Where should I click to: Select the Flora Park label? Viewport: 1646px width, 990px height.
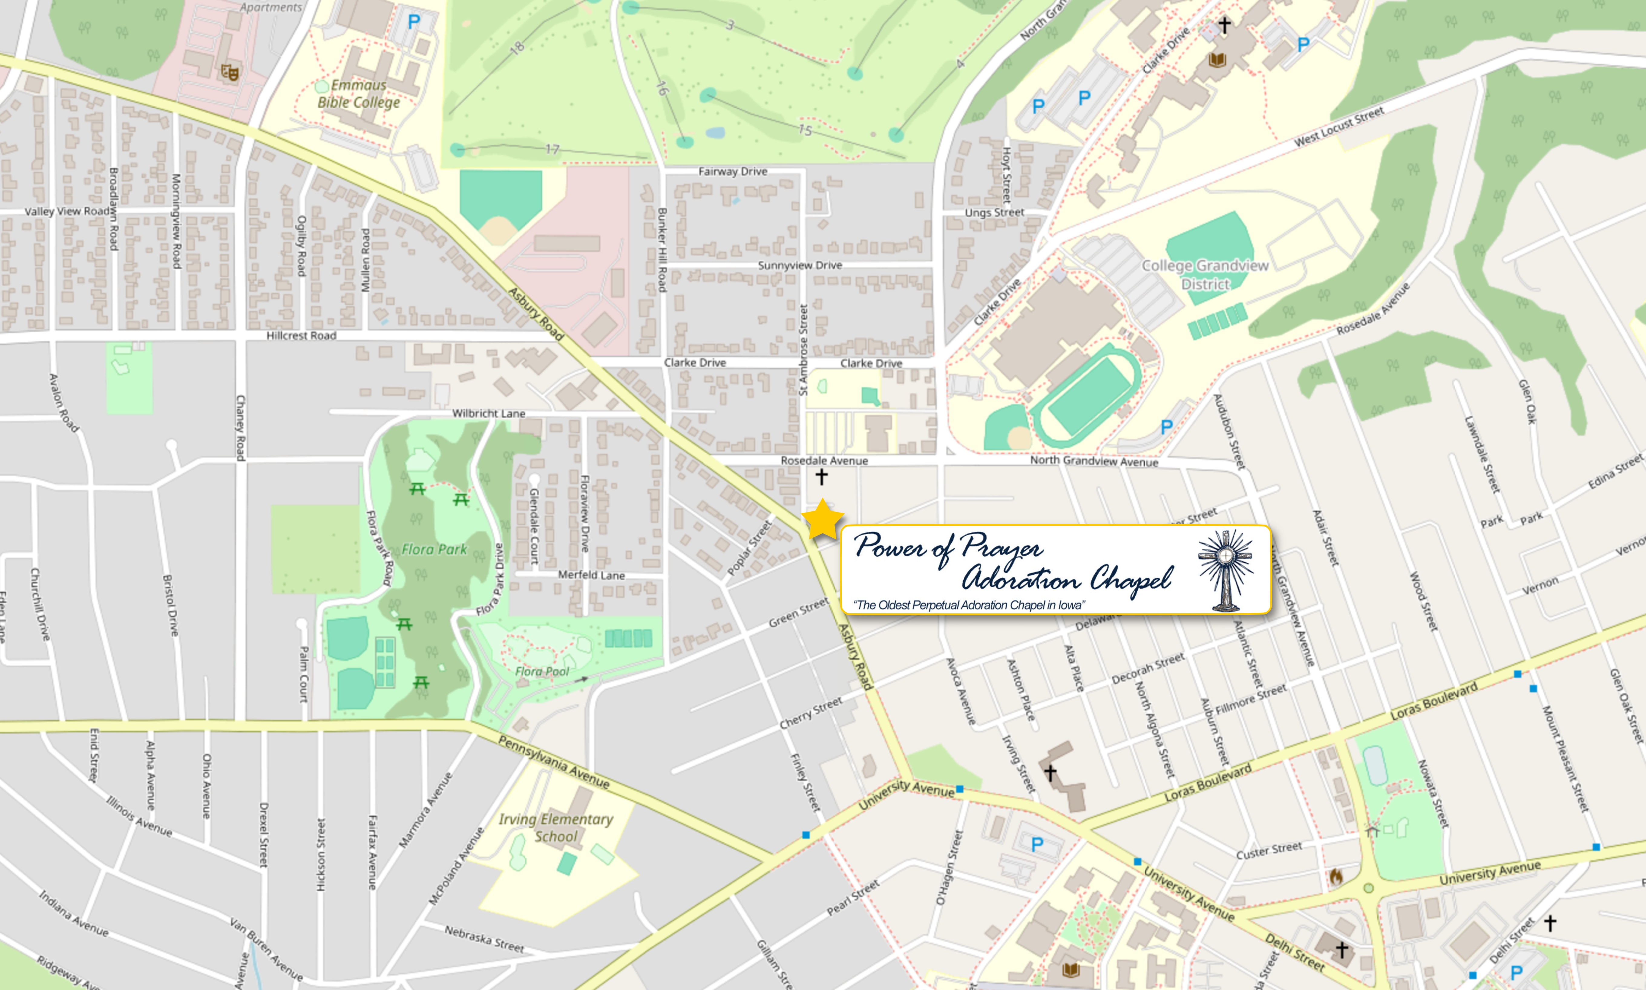click(434, 549)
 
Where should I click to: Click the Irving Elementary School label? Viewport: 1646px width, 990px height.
click(556, 827)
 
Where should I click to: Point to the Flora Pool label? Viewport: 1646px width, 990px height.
click(542, 671)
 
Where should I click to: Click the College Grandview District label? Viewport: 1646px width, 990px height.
click(1205, 274)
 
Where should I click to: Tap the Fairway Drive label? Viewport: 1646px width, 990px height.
click(732, 172)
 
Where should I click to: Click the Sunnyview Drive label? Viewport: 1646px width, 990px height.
click(800, 265)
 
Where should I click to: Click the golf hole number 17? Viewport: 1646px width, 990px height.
click(552, 149)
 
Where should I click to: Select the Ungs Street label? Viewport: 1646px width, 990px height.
click(994, 212)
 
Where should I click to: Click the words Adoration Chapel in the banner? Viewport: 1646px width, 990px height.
click(1066, 578)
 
